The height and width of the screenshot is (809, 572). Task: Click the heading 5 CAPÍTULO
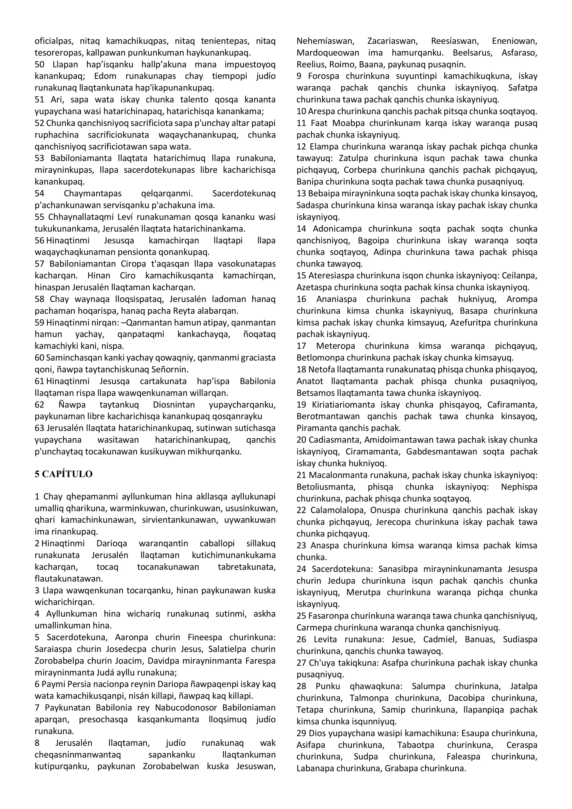point(63,474)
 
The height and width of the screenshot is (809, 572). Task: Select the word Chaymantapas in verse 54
point(93,194)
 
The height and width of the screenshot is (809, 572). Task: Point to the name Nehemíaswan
point(325,41)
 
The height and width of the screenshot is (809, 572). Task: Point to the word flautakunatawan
point(69,579)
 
